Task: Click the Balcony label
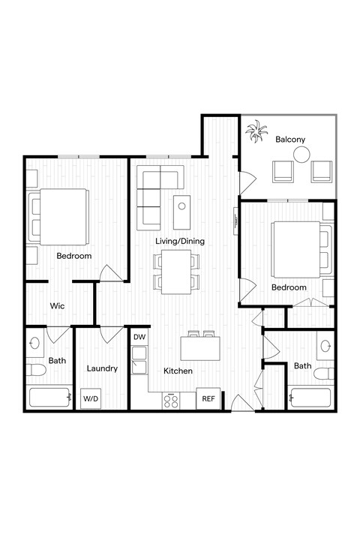click(289, 140)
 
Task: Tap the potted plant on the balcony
click(256, 133)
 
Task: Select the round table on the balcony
click(301, 155)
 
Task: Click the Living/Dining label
click(180, 241)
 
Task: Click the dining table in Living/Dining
click(177, 271)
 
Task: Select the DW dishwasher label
click(139, 338)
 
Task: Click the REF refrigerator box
click(208, 399)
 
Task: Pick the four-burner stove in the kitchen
click(171, 400)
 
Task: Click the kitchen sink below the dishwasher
click(139, 365)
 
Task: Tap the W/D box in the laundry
click(91, 398)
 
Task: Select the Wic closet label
click(57, 306)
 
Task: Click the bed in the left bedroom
click(60, 218)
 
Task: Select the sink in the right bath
click(325, 346)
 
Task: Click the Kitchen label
click(178, 371)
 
